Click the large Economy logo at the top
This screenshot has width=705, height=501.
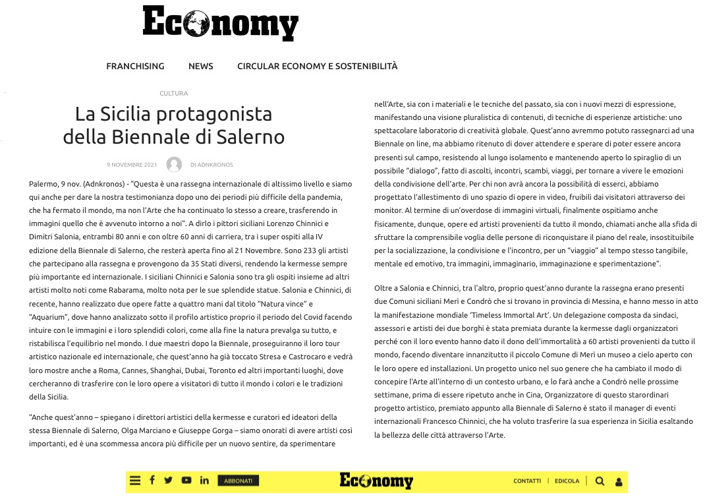(221, 24)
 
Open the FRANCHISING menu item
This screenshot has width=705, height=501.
(135, 66)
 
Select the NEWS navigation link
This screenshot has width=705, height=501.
(201, 66)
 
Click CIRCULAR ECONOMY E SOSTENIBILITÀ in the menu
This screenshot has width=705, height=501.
(318, 66)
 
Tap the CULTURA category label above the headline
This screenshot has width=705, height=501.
(174, 94)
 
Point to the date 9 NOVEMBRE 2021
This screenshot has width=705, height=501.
(132, 165)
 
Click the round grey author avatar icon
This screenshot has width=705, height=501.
(174, 165)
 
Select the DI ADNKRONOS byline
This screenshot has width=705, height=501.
(211, 165)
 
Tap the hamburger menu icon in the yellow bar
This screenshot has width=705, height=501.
(135, 481)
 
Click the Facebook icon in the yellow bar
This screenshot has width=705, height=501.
(152, 481)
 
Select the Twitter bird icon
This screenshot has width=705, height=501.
(169, 481)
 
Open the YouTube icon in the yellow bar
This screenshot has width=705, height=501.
(186, 481)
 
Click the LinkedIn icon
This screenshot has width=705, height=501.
(204, 481)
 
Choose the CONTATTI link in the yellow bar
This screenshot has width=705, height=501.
(527, 481)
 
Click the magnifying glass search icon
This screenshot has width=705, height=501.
(600, 481)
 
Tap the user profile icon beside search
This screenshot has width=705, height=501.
(619, 482)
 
